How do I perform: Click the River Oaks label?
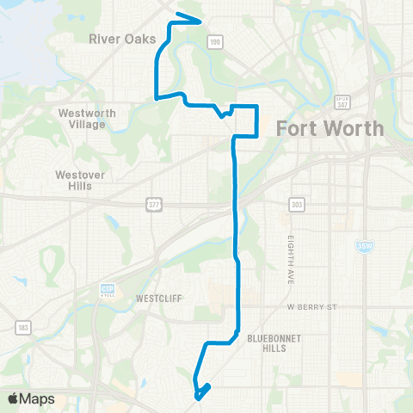[x=121, y=38]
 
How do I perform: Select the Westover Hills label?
[x=79, y=179]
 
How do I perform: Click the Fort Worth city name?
[x=330, y=129]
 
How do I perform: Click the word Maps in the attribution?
[x=40, y=398]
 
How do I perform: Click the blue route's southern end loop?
[x=200, y=392]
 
